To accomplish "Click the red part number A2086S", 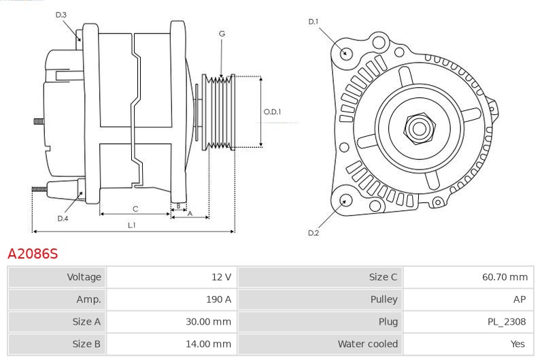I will click(x=33, y=254).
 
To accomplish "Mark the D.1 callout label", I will click(x=313, y=22).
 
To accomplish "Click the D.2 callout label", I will click(x=313, y=233).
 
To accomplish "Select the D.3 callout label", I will click(x=61, y=14).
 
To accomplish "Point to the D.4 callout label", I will click(x=63, y=218).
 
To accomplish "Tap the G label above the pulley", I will click(x=222, y=33).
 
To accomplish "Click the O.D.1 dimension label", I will click(x=272, y=112).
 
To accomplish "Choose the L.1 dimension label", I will click(x=132, y=225).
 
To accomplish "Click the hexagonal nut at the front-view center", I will click(x=418, y=127).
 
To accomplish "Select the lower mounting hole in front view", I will click(x=345, y=201).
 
